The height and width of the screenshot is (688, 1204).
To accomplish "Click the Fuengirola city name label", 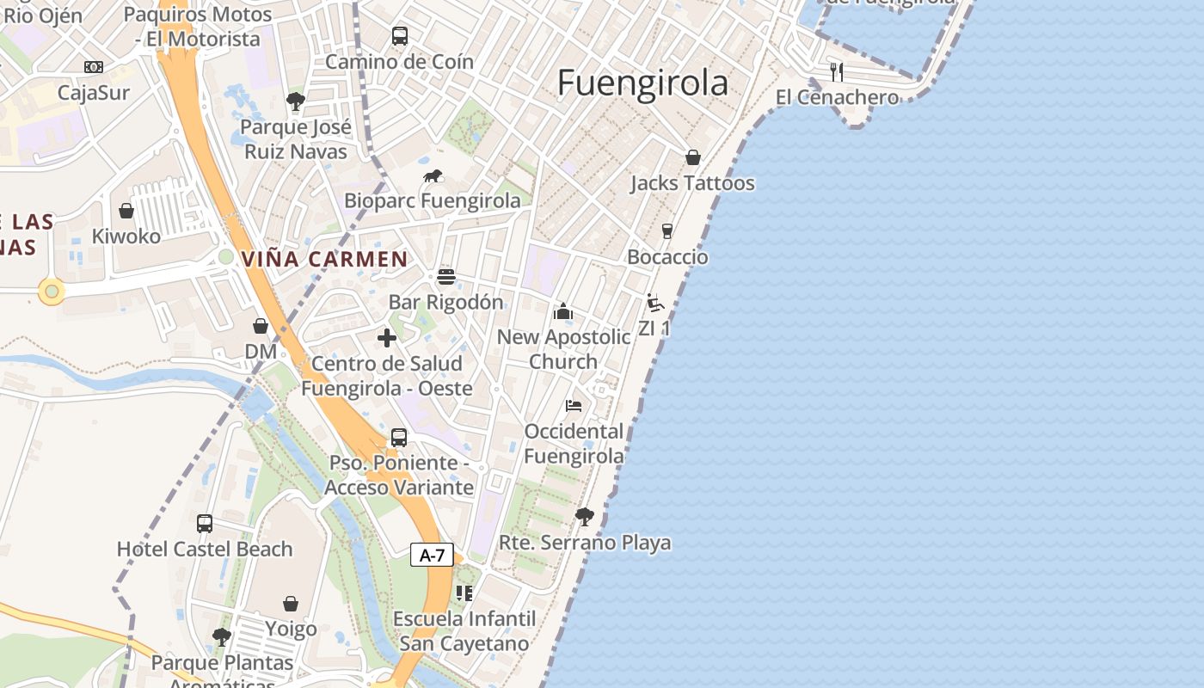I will point(642,83).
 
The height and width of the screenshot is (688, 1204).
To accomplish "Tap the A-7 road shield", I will point(432,555).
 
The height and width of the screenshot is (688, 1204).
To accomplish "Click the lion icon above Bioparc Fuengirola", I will point(433,176).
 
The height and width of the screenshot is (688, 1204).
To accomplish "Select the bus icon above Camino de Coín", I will point(399,36).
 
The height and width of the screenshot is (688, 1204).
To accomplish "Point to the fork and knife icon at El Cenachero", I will point(837,71).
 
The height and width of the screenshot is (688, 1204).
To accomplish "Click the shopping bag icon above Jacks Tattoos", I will point(692,157).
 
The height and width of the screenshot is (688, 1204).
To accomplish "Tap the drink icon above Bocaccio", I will point(666,231).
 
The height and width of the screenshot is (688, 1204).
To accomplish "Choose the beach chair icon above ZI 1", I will point(655,303).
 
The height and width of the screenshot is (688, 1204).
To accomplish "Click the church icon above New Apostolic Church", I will point(563,311).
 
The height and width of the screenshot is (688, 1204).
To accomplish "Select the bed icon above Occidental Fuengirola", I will point(574,405).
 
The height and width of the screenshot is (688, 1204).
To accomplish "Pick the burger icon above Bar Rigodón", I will point(445,277).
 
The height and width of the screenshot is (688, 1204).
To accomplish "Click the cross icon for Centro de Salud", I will point(387,338).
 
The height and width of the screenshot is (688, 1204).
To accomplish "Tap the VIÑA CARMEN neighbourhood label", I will point(324,259).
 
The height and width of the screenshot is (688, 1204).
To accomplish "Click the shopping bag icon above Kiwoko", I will point(126,211).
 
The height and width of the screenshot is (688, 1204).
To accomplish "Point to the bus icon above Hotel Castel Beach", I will point(205,523).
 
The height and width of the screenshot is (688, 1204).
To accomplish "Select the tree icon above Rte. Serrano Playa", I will point(585,517).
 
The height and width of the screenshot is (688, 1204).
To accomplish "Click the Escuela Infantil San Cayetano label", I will point(464,631).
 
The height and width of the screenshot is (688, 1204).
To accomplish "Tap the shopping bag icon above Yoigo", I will point(291,604).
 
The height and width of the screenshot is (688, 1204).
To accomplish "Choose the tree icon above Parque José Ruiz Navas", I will point(296,101).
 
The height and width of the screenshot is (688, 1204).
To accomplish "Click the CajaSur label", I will point(93,92).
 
